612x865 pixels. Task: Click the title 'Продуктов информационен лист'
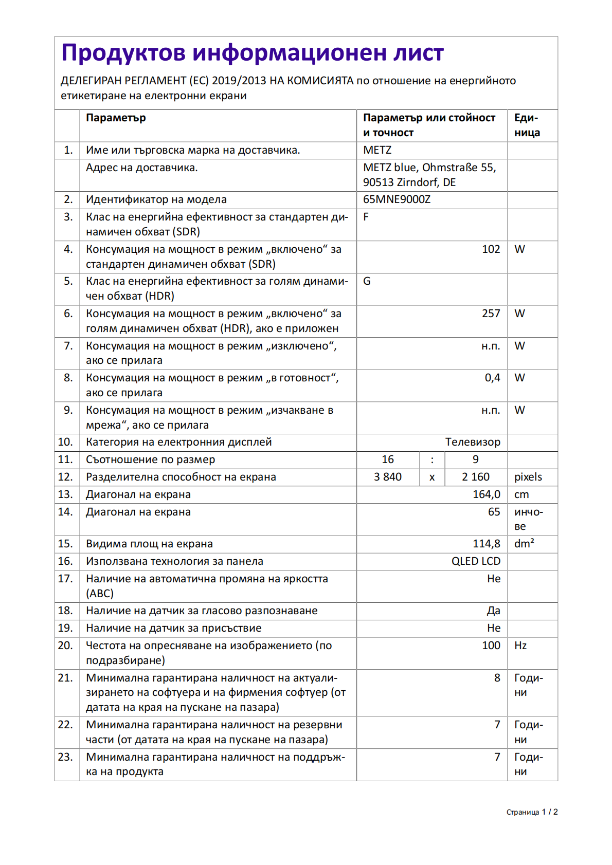point(252,53)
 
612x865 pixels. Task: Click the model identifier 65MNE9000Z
point(397,199)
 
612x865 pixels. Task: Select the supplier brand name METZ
point(377,150)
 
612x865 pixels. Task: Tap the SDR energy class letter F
point(366,217)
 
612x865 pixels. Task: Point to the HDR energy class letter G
point(367,281)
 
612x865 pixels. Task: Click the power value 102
point(491,249)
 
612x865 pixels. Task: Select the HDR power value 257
point(491,314)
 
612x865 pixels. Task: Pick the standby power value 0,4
point(492,378)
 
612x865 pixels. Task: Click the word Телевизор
point(473,442)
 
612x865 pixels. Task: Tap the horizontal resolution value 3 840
point(388,477)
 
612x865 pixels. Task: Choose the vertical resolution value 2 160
point(476,477)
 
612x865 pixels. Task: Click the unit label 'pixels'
point(528,477)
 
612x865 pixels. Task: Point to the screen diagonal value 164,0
point(487,494)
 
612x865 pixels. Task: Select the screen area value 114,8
point(487,544)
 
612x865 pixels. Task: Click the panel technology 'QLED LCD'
point(476,561)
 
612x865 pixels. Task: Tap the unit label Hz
point(520,646)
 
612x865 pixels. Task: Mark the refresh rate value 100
point(491,646)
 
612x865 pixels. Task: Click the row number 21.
point(65,678)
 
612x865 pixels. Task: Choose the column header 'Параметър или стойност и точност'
point(429,125)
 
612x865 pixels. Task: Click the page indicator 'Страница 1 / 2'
point(532,812)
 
